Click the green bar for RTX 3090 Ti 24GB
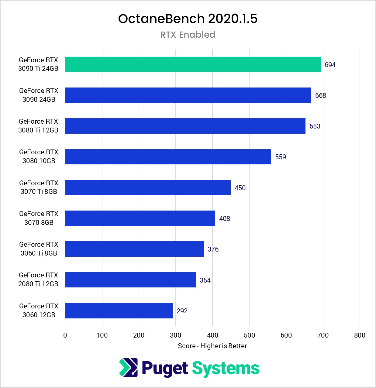[193, 64]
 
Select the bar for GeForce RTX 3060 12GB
[119, 311]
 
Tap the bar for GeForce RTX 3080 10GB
[168, 157]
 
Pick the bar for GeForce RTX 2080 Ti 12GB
[130, 280]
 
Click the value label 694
[330, 65]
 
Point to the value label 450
[240, 188]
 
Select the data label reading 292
[182, 311]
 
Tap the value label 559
[280, 157]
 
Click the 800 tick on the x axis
[360, 335]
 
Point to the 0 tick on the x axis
[65, 335]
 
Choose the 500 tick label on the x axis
[249, 335]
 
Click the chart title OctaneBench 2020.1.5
[188, 19]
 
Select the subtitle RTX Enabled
[188, 35]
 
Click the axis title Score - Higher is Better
[212, 346]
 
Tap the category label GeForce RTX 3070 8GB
[39, 218]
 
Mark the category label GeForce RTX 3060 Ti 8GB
[39, 249]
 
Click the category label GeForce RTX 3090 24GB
[39, 95]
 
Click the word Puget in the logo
[164, 368]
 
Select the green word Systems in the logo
[226, 368]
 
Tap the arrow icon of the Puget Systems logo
[128, 368]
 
